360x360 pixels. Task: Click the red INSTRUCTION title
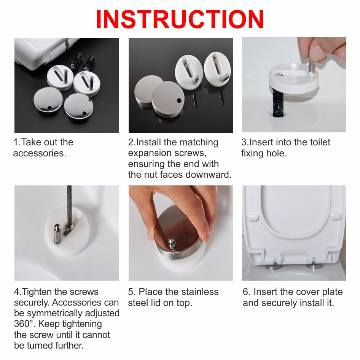coord(180,19)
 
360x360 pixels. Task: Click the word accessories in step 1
coord(40,153)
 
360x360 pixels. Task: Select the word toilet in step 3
coord(320,142)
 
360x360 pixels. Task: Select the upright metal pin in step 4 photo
coord(57,234)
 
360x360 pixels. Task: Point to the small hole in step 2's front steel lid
coord(179,100)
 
